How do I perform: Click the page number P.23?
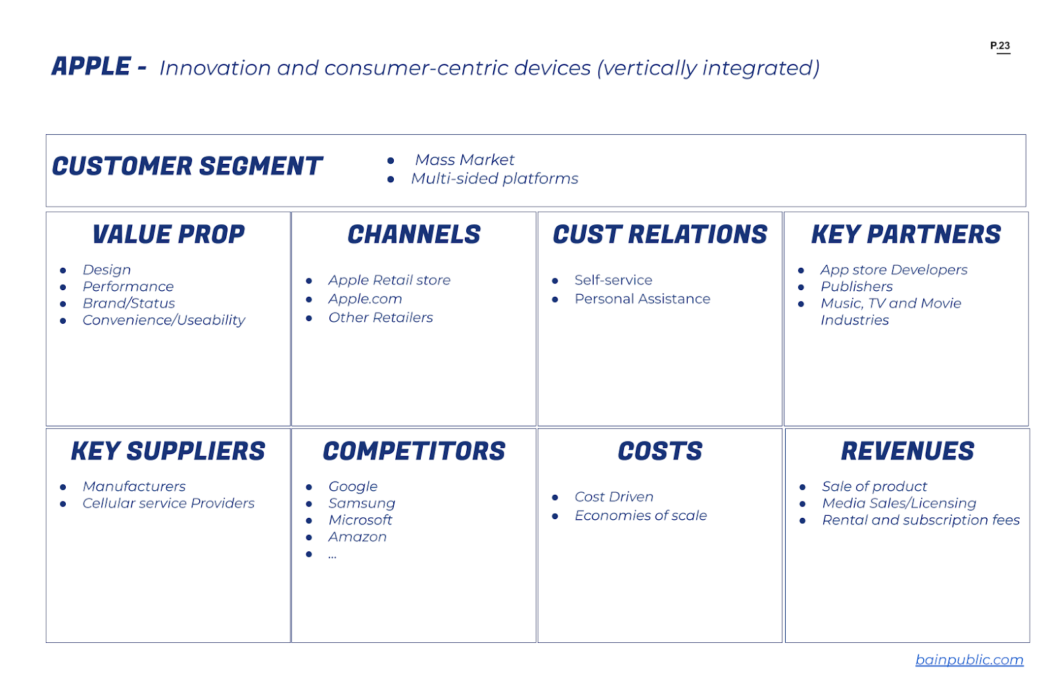click(999, 45)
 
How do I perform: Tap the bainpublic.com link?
click(969, 659)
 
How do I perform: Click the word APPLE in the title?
click(91, 66)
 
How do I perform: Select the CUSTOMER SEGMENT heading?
click(187, 166)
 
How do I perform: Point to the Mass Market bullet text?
click(464, 160)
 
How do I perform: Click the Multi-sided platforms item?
click(494, 178)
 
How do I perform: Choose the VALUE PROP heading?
click(168, 235)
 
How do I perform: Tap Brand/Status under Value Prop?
click(129, 303)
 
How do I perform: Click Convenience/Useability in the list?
click(164, 320)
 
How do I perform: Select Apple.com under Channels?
click(365, 299)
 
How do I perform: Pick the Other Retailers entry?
click(381, 318)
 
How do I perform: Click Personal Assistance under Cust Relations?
click(642, 299)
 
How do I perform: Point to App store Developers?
click(894, 270)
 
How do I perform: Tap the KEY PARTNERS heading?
click(905, 235)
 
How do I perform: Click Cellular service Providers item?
click(168, 503)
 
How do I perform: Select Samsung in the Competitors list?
click(362, 503)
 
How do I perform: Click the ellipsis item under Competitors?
click(333, 555)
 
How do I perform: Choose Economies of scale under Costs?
click(640, 516)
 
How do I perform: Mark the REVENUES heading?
click(907, 451)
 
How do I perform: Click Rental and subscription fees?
click(920, 520)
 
